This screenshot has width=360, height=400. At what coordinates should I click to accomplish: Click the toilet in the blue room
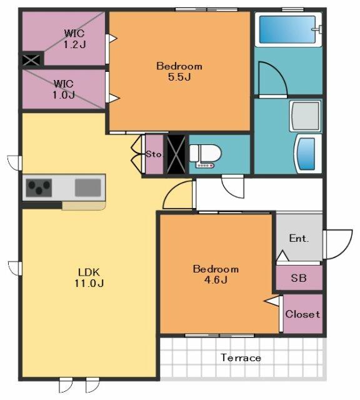point(206,156)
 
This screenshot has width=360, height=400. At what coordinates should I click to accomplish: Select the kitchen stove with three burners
point(39,187)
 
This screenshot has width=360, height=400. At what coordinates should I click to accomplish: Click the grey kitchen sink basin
point(87,187)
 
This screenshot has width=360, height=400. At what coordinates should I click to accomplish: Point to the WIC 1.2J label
point(74,39)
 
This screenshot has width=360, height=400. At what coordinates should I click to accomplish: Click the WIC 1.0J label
point(64,89)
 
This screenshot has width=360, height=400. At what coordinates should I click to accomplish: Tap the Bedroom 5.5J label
point(179,71)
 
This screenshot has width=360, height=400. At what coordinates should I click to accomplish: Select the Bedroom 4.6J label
point(216,274)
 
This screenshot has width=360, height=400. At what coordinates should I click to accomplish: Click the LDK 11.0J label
point(89,277)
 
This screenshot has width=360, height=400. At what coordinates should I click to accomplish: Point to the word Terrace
point(241,357)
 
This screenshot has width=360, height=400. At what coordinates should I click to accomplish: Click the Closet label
point(302,314)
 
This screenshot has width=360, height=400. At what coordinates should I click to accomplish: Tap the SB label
point(299,277)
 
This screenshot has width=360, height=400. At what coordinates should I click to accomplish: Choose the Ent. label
point(299,238)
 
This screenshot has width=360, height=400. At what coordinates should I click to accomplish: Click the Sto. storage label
point(154,154)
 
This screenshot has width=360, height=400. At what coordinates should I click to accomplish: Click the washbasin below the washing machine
point(308,154)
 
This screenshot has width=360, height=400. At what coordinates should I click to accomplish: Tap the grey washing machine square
point(306,116)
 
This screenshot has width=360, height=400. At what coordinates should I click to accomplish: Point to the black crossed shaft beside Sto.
point(176,154)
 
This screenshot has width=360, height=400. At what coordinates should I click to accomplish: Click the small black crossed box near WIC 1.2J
point(31,60)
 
